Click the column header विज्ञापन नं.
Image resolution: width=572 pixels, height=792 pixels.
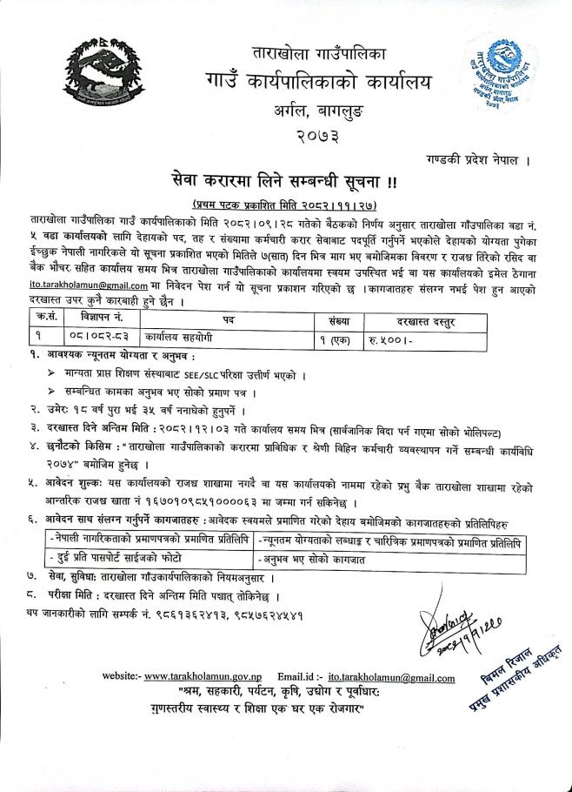click(87, 295)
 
